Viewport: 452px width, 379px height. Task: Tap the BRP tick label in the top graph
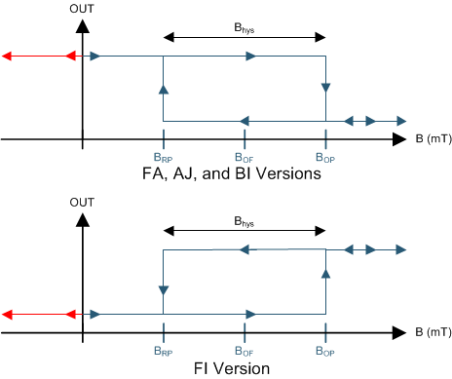[163, 157]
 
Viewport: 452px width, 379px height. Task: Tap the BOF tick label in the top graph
[244, 157]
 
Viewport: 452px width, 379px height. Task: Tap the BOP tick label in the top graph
[325, 157]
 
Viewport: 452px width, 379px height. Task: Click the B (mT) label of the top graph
[431, 139]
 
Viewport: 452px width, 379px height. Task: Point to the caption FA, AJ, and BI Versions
[244, 173]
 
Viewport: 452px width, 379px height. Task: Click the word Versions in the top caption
[296, 173]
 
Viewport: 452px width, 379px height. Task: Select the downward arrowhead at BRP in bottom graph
[163, 290]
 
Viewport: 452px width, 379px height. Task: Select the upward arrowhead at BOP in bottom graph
[325, 290]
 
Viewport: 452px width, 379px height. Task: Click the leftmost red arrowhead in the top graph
[8, 57]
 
